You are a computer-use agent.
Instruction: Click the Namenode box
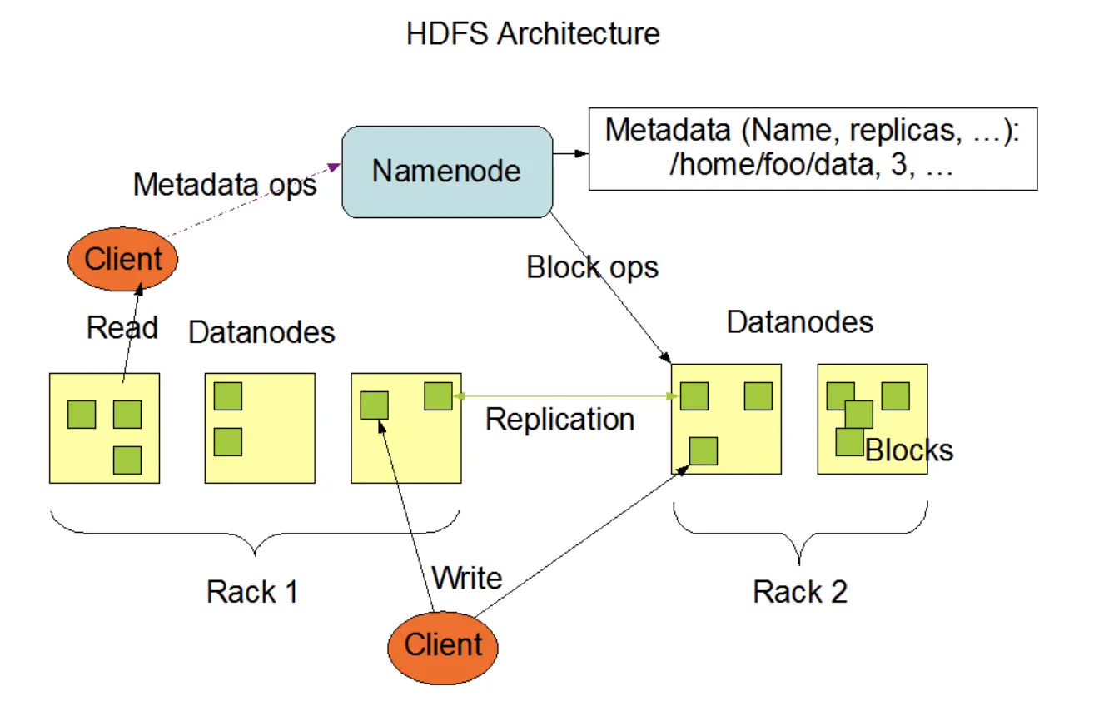point(447,172)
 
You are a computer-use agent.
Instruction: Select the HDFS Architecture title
point(533,34)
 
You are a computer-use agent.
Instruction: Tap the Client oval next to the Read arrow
point(122,259)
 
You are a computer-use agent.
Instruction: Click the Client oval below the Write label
point(443,644)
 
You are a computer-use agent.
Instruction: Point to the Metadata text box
point(812,148)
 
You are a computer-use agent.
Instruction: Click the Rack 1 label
point(252,592)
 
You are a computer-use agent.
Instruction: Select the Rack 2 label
point(800,592)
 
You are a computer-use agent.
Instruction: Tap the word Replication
point(559,419)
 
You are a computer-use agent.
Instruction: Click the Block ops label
point(592,267)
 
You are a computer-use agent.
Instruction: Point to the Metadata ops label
point(225,184)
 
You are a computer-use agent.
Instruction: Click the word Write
point(467,577)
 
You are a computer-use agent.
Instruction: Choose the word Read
point(122,327)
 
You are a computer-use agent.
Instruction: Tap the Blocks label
point(909,450)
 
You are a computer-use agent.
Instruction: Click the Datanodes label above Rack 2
point(799,322)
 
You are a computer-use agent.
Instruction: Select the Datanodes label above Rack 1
point(261,332)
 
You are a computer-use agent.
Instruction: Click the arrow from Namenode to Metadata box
point(570,154)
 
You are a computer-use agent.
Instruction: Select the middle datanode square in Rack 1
point(260,427)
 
